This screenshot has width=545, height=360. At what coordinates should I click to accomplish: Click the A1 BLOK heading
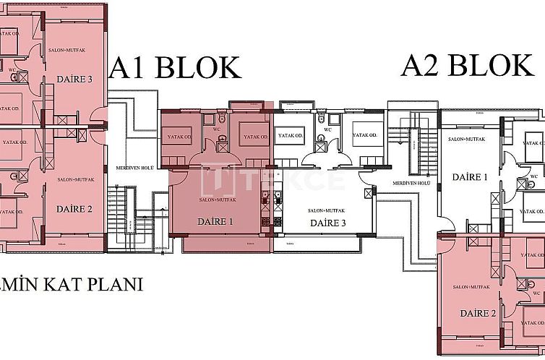174,68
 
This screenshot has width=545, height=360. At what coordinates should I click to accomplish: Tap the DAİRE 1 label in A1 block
215,222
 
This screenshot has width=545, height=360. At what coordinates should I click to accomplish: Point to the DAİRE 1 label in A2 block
470,177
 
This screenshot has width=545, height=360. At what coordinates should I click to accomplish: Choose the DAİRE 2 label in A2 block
478,314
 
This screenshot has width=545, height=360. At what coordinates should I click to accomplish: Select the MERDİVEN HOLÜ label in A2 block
411,184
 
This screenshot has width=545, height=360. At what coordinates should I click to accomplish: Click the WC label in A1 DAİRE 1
216,130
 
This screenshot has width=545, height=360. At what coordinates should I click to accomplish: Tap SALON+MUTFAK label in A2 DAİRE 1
465,139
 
